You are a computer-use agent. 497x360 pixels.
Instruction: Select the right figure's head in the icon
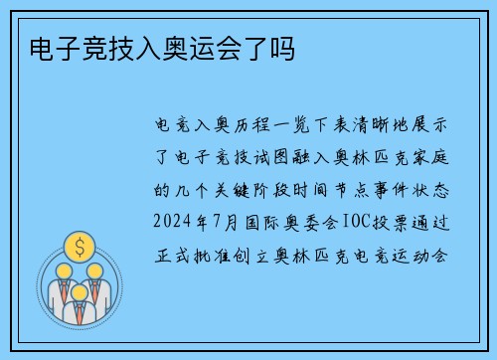(95, 269)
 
